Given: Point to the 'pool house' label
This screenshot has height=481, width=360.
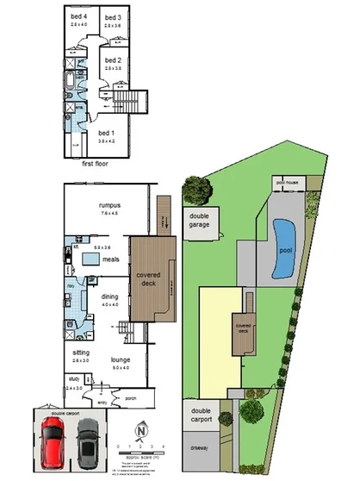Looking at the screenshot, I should [x=286, y=183].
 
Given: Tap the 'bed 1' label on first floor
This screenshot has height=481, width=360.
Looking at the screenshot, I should [x=106, y=133].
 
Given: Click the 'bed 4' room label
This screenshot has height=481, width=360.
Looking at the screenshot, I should [x=78, y=17].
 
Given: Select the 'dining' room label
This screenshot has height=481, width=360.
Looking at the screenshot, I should [x=110, y=297].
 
